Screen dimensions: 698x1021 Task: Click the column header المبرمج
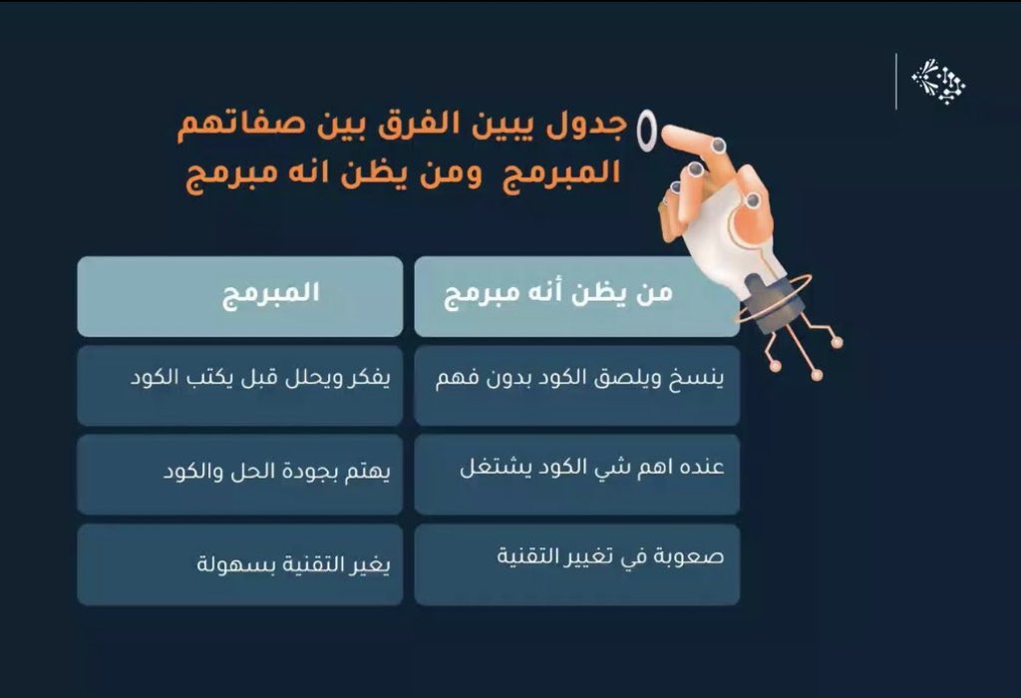click(x=239, y=296)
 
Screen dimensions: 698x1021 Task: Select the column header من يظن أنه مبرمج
click(x=576, y=296)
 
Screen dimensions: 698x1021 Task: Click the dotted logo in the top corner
click(x=938, y=81)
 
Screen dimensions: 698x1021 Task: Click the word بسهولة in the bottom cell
click(x=229, y=565)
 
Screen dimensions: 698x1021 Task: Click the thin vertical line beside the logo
click(x=895, y=81)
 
